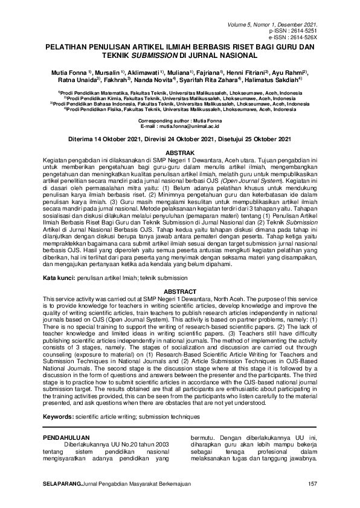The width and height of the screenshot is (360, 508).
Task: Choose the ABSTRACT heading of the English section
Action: [180, 291]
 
